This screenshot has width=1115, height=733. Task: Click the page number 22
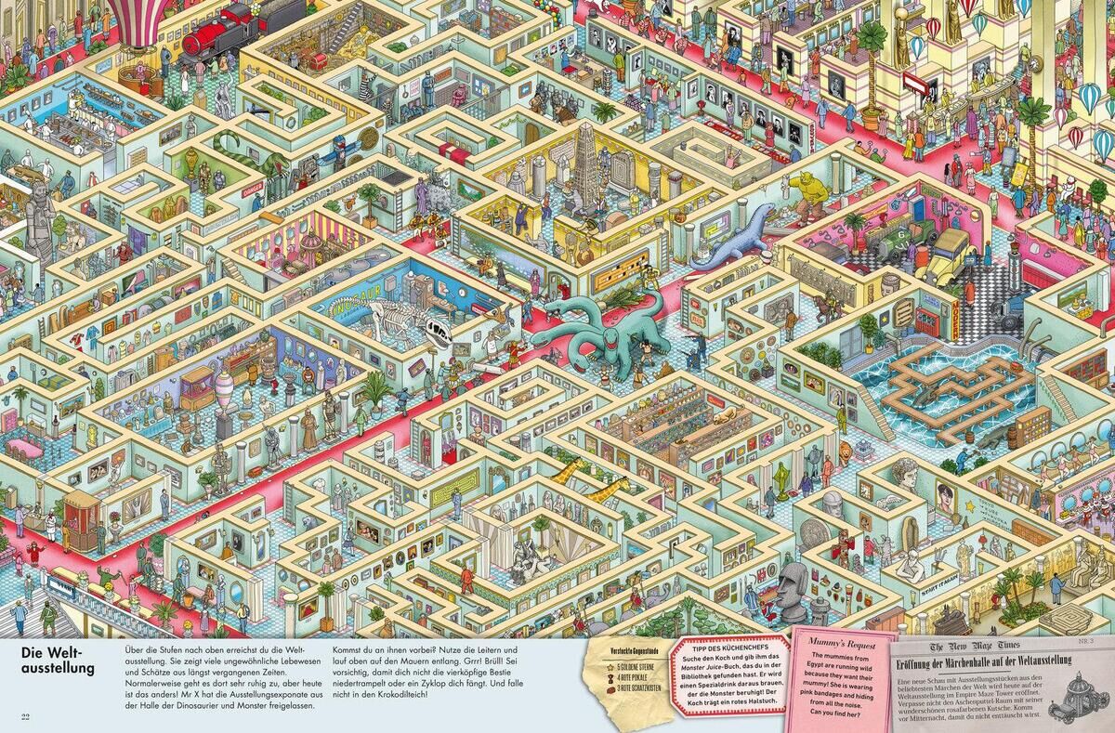(25, 714)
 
